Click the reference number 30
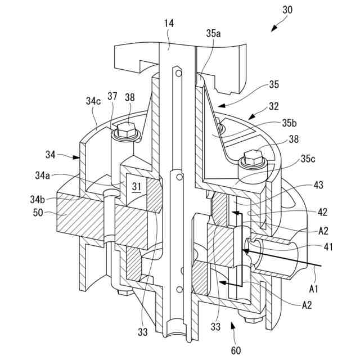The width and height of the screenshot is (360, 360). pos(287,10)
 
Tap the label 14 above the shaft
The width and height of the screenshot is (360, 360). pos(169,24)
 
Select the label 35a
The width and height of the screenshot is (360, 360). pos(213,34)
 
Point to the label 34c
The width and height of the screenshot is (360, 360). pos(93,101)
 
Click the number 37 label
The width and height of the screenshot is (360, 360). pos(112,96)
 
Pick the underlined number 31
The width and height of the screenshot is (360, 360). pos(137,186)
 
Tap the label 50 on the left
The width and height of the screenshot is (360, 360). pos(38,213)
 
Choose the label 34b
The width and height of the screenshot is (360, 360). pos(38,200)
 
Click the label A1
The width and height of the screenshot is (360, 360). pos(314,289)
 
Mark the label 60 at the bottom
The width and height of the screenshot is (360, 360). pos(236,350)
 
